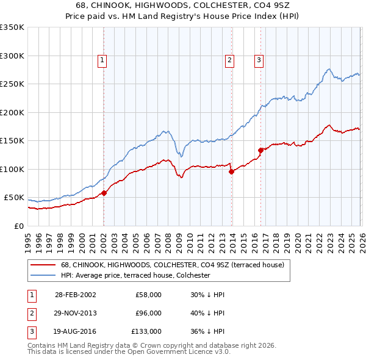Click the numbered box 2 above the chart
pos(229,60)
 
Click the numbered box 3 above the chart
pos(259,60)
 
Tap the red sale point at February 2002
pos(104,193)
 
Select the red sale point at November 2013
pos(231,171)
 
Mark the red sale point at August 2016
pos(260,150)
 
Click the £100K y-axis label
pos(12,169)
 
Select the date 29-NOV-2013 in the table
pos(75,313)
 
